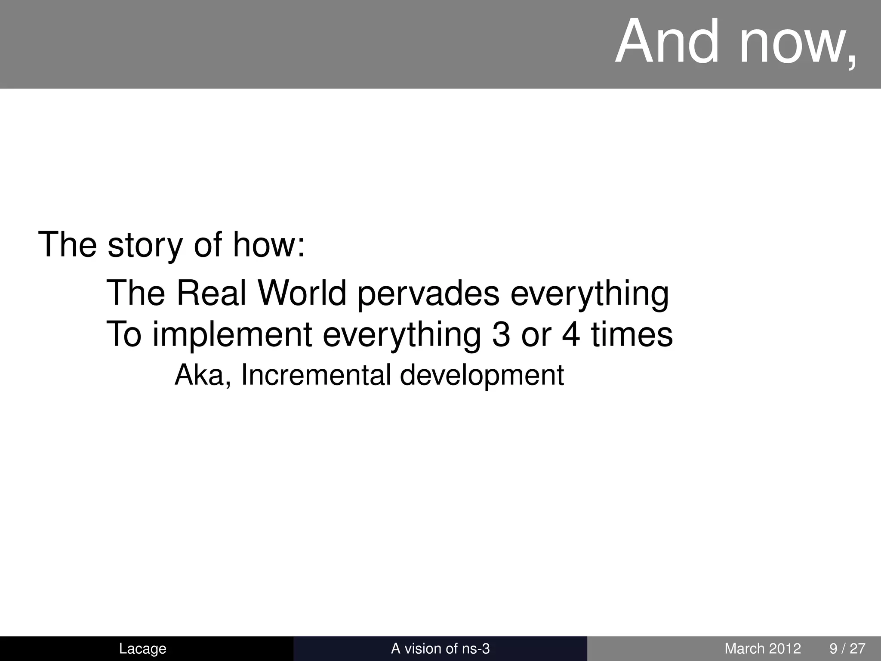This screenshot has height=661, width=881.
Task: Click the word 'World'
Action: [302, 293]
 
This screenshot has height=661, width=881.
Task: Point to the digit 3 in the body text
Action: [501, 335]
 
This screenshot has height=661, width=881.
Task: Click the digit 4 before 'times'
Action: [571, 335]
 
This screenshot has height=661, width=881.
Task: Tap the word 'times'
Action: [631, 335]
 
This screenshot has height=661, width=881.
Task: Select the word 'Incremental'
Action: [316, 375]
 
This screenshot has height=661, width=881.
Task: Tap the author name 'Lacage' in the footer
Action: [142, 649]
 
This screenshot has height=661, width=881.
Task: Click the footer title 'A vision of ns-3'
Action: [440, 649]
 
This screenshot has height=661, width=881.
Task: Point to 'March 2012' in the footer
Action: [763, 649]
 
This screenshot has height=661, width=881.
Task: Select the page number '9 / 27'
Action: [847, 649]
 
